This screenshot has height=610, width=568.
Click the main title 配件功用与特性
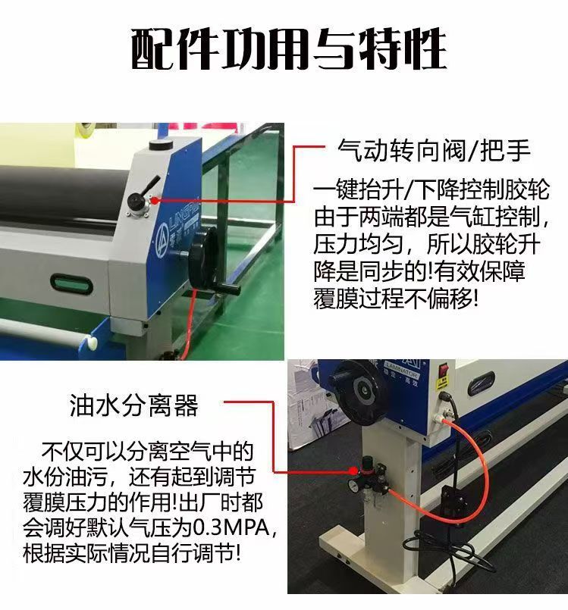(288, 49)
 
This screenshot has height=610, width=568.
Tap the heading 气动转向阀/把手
(434, 150)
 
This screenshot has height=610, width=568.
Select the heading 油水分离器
(134, 405)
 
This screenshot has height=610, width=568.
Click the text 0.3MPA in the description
(231, 527)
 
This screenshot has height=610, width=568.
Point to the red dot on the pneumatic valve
(155, 201)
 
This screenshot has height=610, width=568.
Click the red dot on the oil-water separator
(353, 471)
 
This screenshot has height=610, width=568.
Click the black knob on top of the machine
(162, 145)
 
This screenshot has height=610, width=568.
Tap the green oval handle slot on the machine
(71, 284)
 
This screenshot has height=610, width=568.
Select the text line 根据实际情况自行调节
(132, 553)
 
